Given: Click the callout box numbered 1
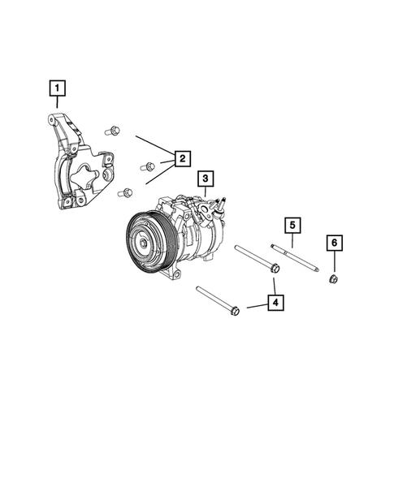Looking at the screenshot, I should pyautogui.click(x=57, y=86).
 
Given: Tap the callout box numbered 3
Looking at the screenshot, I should pyautogui.click(x=205, y=178).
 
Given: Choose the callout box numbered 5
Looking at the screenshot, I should pyautogui.click(x=292, y=225).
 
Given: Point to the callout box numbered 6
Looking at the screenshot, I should pyautogui.click(x=332, y=243).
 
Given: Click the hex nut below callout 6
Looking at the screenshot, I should pyautogui.click(x=332, y=280).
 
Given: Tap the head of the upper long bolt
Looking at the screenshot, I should pyautogui.click(x=275, y=268).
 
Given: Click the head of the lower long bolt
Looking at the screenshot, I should pyautogui.click(x=235, y=309).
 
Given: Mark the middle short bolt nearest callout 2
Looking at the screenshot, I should pyautogui.click(x=147, y=166).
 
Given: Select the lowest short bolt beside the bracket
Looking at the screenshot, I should pyautogui.click(x=126, y=192).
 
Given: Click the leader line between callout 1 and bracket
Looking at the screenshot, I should pyautogui.click(x=57, y=104).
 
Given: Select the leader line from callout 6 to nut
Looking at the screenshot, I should pyautogui.click(x=332, y=263).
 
